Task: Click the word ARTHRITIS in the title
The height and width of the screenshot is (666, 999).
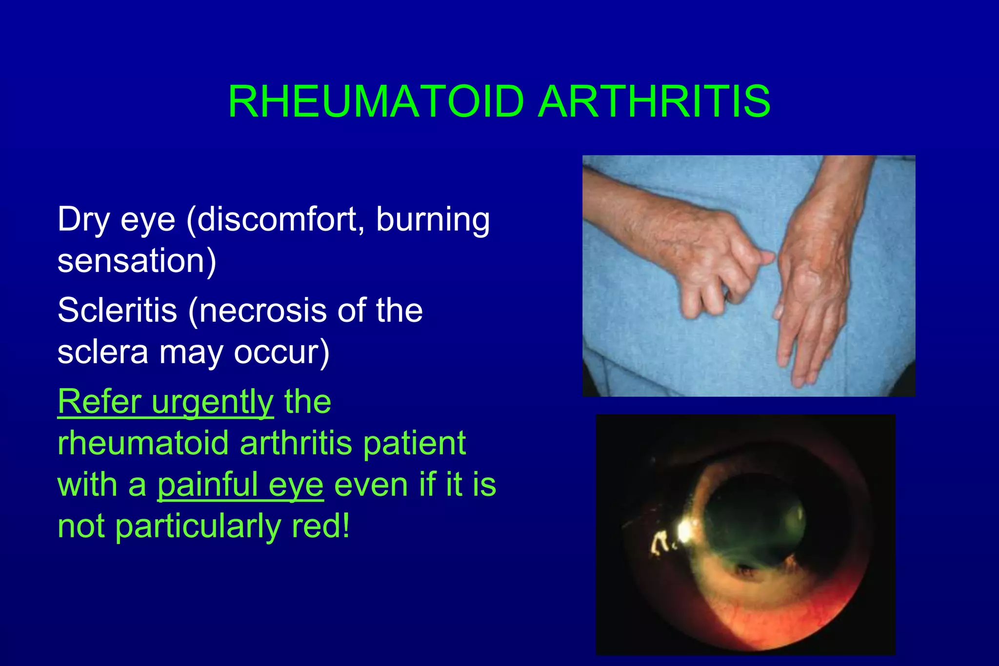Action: click(x=654, y=101)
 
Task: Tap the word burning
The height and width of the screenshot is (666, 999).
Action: click(x=433, y=220)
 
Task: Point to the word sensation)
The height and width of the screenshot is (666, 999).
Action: click(x=137, y=261)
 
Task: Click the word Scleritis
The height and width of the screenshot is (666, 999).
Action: click(x=117, y=310)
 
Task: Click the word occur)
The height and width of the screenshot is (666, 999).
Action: click(x=281, y=352)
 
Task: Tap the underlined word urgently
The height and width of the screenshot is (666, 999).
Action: click(x=213, y=402)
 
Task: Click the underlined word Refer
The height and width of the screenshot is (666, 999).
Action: click(x=100, y=402)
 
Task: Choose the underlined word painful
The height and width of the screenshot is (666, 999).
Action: click(x=207, y=485)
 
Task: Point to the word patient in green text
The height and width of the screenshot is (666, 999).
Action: click(x=415, y=443)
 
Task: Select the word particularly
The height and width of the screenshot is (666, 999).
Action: click(x=198, y=527)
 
